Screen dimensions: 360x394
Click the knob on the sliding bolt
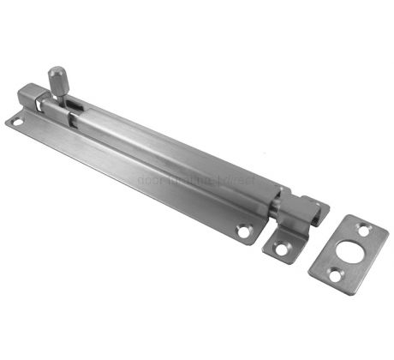57,79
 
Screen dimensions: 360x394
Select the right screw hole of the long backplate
245,230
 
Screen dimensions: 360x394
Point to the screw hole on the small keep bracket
279,249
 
